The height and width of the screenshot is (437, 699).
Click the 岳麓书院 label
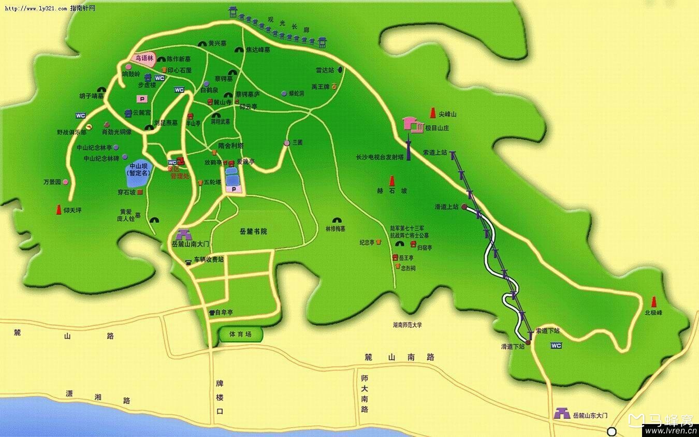254,231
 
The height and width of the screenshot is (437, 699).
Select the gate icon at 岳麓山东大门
561,414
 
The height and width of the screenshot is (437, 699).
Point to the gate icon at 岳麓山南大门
183,235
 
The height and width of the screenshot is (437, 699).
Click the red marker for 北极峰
653,302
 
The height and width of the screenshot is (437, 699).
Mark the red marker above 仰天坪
59,209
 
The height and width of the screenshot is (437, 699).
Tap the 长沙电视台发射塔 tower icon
408,148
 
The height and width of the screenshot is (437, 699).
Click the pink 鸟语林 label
144,59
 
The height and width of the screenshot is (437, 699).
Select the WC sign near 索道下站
556,345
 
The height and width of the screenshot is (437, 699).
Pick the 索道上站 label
434,153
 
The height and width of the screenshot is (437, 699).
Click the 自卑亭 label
224,312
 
